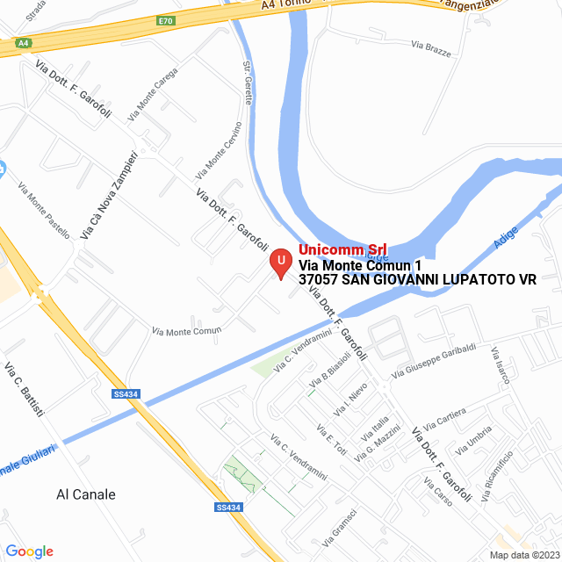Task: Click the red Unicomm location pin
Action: click(x=281, y=263)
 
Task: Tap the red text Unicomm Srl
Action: click(x=342, y=249)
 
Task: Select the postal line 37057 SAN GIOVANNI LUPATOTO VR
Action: click(x=417, y=279)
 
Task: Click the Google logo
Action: click(x=29, y=551)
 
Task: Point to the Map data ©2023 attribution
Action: click(x=523, y=555)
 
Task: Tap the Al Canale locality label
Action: click(x=85, y=494)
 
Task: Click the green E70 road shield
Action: click(x=166, y=19)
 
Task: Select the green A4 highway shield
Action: click(x=24, y=41)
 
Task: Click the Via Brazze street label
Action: click(x=431, y=47)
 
